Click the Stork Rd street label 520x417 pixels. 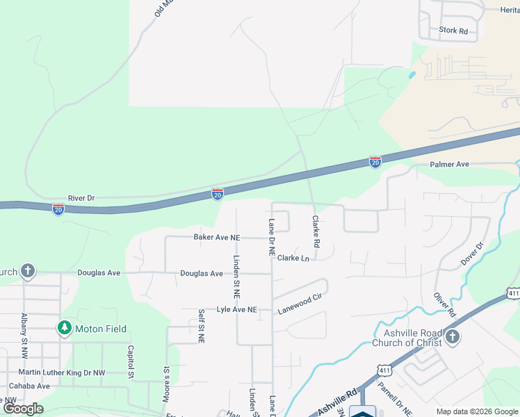(x=453, y=31)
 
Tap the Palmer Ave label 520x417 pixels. (x=450, y=165)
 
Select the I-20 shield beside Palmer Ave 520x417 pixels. (x=375, y=162)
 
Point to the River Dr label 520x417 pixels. (x=81, y=198)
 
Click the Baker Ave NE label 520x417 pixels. (x=216, y=238)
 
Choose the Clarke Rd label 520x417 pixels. (x=315, y=231)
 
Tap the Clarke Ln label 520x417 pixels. (x=293, y=258)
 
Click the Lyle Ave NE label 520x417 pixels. (x=236, y=309)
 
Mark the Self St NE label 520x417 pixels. (x=201, y=326)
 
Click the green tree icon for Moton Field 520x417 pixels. (x=64, y=327)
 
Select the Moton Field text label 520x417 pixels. (x=101, y=328)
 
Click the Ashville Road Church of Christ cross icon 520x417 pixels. (x=453, y=338)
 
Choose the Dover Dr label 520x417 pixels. (x=471, y=254)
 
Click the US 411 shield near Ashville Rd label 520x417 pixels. (x=384, y=374)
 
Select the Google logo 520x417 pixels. (x=24, y=409)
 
